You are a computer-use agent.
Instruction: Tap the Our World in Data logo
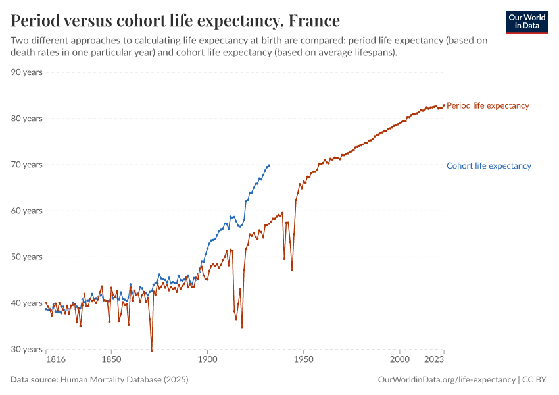click(527, 22)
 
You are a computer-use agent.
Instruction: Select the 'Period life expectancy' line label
click(487, 105)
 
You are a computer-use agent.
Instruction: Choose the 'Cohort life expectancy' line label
click(489, 166)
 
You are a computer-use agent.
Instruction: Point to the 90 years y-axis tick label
click(26, 72)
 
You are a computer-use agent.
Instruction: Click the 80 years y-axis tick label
click(26, 118)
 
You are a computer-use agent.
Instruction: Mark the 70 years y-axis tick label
click(26, 165)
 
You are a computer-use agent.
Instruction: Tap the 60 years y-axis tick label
click(26, 211)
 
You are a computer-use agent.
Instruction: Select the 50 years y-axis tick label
click(26, 257)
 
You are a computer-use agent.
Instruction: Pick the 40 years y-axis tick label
click(26, 303)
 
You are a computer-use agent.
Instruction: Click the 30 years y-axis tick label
click(26, 350)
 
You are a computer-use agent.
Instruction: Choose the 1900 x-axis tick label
click(207, 360)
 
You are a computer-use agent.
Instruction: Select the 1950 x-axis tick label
click(303, 360)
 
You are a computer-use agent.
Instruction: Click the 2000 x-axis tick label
click(400, 360)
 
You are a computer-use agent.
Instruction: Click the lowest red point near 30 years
click(151, 350)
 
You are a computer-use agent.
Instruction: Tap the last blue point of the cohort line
click(269, 165)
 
